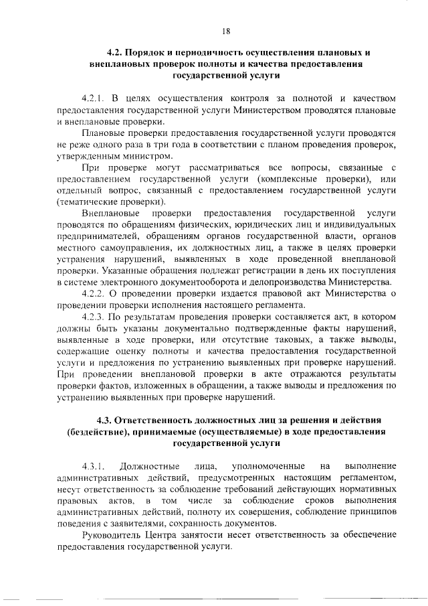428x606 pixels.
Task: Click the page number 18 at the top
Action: pyautogui.click(x=226, y=31)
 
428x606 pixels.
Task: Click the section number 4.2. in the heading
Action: pyautogui.click(x=118, y=52)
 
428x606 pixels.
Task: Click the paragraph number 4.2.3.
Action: pyautogui.click(x=95, y=315)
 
